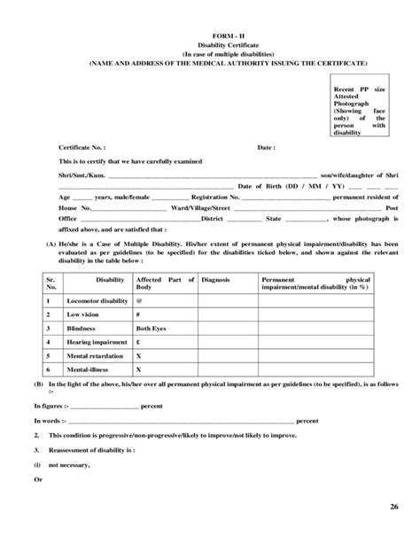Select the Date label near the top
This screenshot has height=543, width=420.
pos(266,147)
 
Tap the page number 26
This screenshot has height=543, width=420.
pos(393,506)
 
